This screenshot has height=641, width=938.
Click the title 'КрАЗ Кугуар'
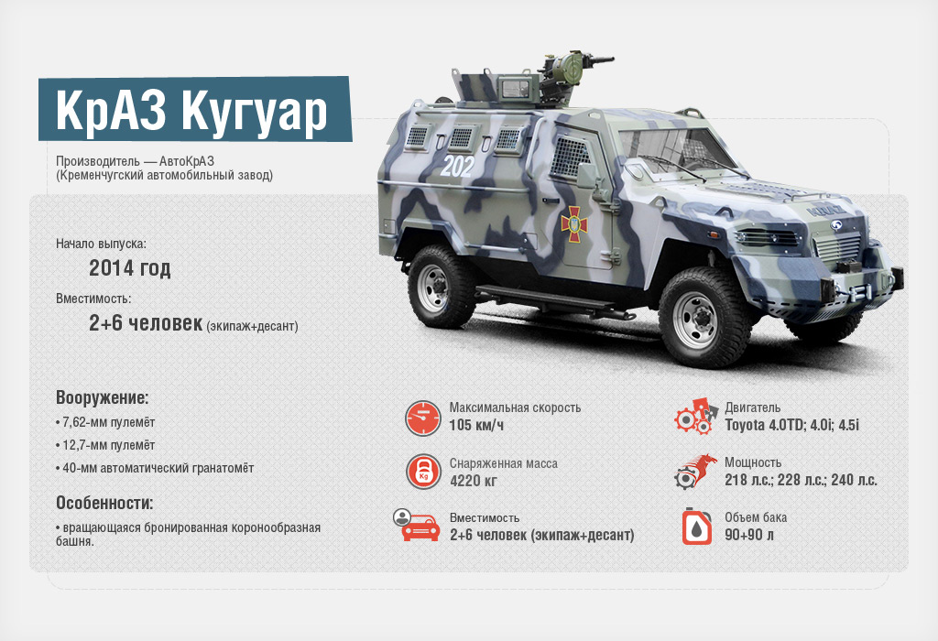tap(191, 110)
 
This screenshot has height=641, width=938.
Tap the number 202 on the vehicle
tap(457, 167)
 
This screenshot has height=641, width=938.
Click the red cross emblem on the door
tap(574, 224)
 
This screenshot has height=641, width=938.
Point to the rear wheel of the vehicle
tap(442, 286)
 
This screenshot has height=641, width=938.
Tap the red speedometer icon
tap(423, 418)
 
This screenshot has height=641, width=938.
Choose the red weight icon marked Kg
tap(423, 472)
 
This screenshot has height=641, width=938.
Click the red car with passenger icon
tap(417, 525)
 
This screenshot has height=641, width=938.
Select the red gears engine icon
tap(696, 417)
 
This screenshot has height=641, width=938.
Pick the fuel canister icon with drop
tap(697, 527)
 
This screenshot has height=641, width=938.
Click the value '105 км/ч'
tap(476, 425)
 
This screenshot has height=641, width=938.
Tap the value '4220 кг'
tap(474, 480)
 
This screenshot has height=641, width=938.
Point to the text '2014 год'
tap(130, 268)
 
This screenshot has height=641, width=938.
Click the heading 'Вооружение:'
tap(103, 397)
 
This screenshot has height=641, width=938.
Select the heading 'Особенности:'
tap(104, 503)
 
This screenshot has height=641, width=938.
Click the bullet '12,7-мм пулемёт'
tap(105, 445)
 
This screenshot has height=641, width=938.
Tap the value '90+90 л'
tap(749, 535)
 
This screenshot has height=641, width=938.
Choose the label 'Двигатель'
tap(753, 407)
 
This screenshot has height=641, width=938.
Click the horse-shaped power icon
tap(696, 472)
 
